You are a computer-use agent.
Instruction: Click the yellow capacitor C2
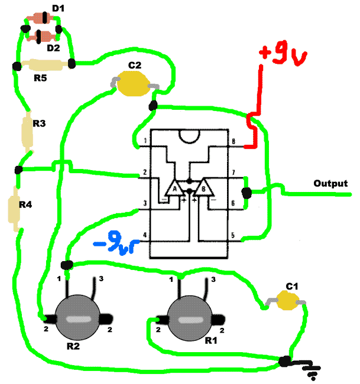pyautogui.click(x=134, y=83)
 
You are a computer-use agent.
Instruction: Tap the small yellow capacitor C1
pyautogui.click(x=288, y=300)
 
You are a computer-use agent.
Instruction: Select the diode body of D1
pyautogui.click(x=40, y=18)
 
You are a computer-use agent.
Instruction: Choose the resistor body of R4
pyautogui.click(x=14, y=209)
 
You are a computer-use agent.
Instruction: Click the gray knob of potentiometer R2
pyautogui.click(x=77, y=318)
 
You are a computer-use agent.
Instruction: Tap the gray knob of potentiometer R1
pyautogui.click(x=190, y=318)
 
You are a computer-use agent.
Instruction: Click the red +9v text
pyautogui.click(x=283, y=55)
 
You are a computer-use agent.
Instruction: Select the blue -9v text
pyautogui.click(x=114, y=242)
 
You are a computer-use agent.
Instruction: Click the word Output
pyautogui.click(x=330, y=183)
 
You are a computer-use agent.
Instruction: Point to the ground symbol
pyautogui.click(x=312, y=370)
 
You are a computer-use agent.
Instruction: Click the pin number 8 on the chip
pyautogui.click(x=233, y=141)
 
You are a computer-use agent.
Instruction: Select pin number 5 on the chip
pyautogui.click(x=233, y=235)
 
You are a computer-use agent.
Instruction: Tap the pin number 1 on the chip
pyautogui.click(x=145, y=141)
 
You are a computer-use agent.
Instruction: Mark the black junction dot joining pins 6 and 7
pyautogui.click(x=247, y=193)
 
